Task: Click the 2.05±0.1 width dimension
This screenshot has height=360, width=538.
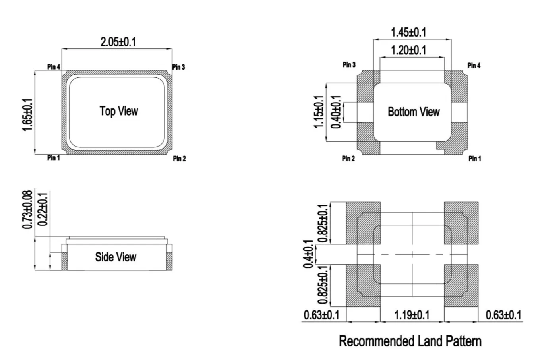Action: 118,42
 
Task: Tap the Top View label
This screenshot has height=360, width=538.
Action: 119,111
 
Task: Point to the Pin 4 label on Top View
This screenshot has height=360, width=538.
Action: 54,66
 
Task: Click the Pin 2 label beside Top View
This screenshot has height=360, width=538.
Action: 180,159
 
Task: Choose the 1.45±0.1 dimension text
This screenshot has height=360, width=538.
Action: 408,33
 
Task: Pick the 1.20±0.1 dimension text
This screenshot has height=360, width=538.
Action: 408,50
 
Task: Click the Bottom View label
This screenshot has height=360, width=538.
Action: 414,112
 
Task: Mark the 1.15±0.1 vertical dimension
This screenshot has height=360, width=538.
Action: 319,112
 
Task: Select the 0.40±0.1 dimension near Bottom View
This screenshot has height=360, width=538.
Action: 336,112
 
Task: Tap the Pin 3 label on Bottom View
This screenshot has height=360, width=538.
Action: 349,65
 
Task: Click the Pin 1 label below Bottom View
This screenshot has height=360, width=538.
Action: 475,159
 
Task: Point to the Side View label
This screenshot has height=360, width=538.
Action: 116,257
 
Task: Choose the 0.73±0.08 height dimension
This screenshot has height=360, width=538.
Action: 27,210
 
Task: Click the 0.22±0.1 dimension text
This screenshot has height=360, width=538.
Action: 43,209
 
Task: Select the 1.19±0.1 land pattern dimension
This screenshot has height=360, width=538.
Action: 412,315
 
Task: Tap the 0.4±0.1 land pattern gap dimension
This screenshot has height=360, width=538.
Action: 308,254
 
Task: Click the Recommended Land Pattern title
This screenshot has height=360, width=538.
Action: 410,341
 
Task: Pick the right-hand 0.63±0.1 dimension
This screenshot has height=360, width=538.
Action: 503,315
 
